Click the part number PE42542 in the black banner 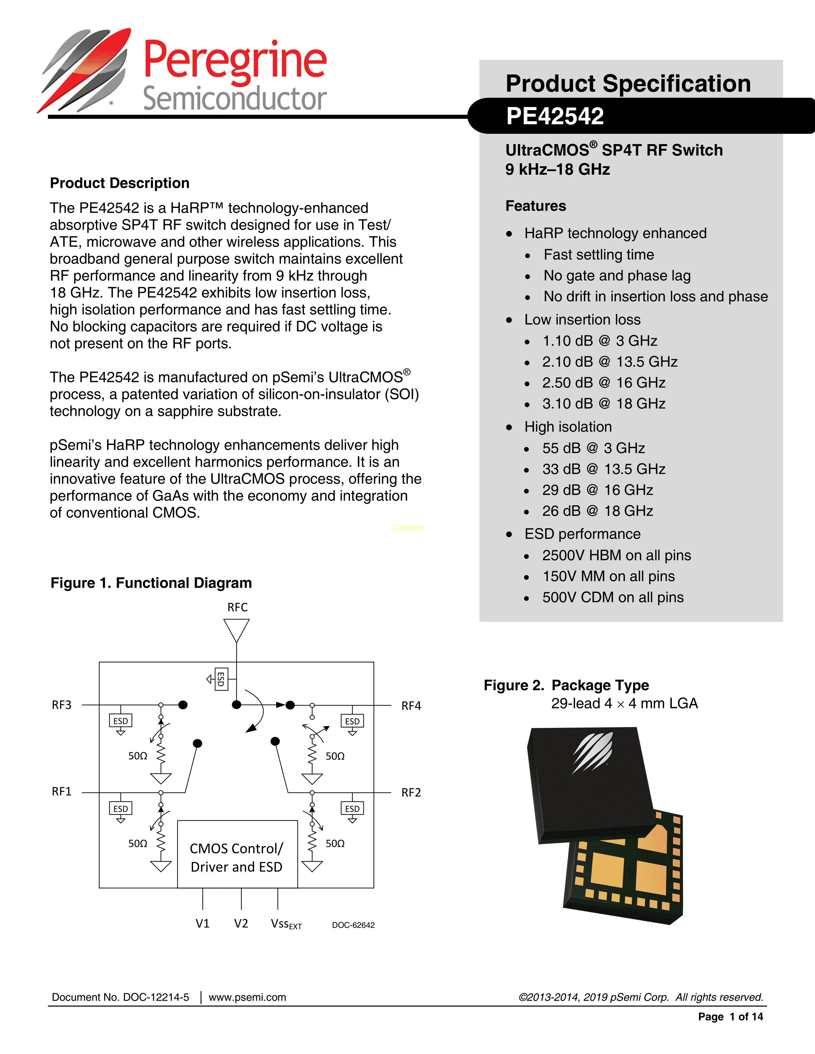[x=555, y=116]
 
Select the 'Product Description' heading [x=120, y=183]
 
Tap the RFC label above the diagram [x=237, y=607]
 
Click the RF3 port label [x=62, y=705]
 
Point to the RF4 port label [x=411, y=706]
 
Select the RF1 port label [x=62, y=791]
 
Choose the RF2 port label [x=411, y=792]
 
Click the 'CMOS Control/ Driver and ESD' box [x=237, y=858]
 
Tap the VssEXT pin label [x=286, y=924]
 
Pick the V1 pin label [x=202, y=924]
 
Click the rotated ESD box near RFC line [x=221, y=679]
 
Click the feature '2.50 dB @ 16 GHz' [x=603, y=383]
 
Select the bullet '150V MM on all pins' [x=608, y=576]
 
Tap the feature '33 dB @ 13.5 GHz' [x=603, y=469]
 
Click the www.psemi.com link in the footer [x=247, y=997]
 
